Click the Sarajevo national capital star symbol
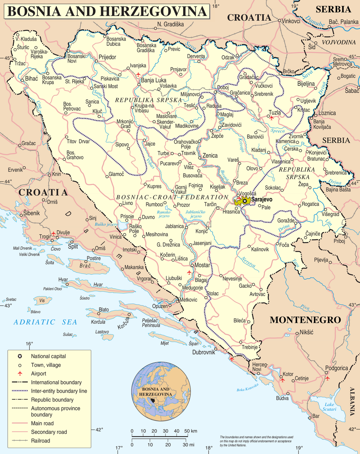245,200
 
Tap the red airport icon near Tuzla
272,117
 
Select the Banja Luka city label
154,80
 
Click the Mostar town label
202,265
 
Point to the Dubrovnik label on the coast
204,352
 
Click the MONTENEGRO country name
305,320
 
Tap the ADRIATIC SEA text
45,322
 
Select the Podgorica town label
336,368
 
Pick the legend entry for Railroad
40,441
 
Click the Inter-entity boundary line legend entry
59,391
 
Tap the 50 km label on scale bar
190,431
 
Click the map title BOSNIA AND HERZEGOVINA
107,11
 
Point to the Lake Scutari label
329,407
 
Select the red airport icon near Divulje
53,234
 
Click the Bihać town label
31,79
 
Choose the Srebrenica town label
336,173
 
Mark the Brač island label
85,266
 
